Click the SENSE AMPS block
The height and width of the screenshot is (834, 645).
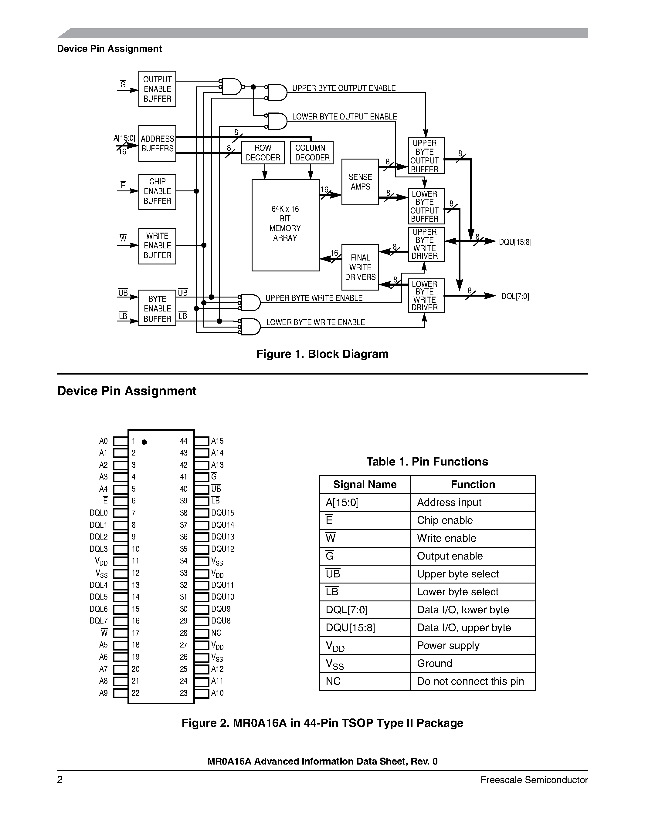click(360, 182)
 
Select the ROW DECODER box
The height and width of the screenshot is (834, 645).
click(263, 153)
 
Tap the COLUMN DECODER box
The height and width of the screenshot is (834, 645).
click(311, 153)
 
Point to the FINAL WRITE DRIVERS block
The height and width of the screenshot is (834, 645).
click(360, 267)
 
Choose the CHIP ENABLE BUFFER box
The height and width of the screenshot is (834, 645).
click(157, 192)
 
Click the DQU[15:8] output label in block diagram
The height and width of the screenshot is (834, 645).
click(515, 242)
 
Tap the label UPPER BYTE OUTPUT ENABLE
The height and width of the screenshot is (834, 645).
click(344, 88)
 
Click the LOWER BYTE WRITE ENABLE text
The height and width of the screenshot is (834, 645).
click(315, 322)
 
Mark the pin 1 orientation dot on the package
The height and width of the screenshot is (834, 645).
click(144, 442)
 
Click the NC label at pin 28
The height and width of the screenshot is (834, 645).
click(216, 633)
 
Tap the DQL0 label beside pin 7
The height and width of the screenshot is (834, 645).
click(99, 513)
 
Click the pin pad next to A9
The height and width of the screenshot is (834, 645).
click(121, 693)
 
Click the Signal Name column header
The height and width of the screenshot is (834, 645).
click(365, 485)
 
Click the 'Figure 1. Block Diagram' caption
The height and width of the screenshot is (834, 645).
click(322, 354)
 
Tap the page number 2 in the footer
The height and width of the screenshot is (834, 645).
click(60, 780)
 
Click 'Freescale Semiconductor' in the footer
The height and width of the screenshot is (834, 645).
click(534, 780)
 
